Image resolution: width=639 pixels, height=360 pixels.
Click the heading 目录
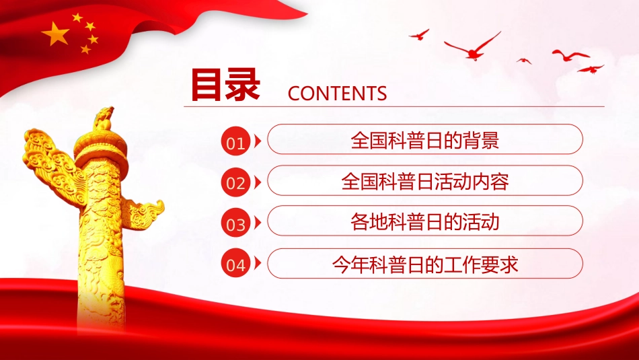(225, 85)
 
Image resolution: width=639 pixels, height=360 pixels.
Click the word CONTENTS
(337, 94)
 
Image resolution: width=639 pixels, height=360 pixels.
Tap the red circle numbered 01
(235, 142)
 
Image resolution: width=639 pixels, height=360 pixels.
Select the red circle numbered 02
(235, 183)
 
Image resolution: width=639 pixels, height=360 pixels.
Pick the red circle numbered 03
(235, 224)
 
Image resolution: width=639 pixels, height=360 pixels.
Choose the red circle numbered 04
(235, 264)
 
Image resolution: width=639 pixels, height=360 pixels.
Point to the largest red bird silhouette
(474, 46)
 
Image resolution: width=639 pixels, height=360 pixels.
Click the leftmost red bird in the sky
(418, 34)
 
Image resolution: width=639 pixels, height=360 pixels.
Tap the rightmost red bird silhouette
(591, 69)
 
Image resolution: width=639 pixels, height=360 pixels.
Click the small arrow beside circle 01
(258, 142)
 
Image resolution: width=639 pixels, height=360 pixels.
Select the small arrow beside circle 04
(258, 264)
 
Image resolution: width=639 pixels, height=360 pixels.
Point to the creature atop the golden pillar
(104, 118)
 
